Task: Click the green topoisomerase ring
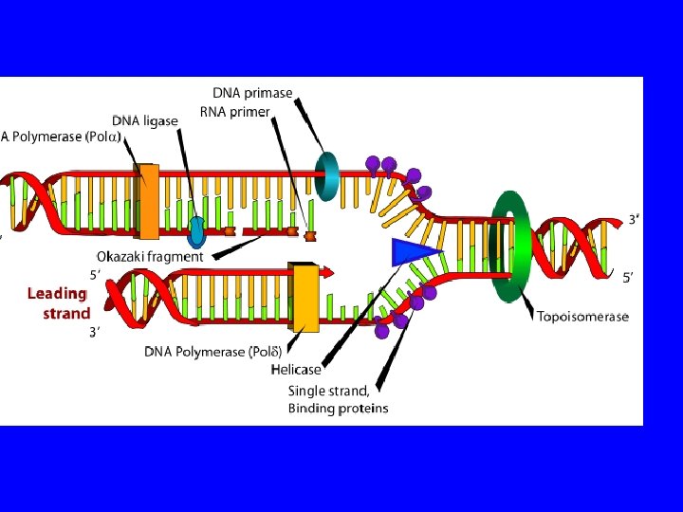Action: click(x=511, y=246)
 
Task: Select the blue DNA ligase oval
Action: click(x=197, y=230)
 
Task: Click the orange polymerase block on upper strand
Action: click(x=148, y=201)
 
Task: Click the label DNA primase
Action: click(x=252, y=93)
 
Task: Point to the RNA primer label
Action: click(x=235, y=112)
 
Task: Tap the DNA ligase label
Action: click(x=145, y=120)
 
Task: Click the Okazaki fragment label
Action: click(x=150, y=256)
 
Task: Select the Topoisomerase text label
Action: click(x=582, y=317)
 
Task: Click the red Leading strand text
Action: click(x=59, y=303)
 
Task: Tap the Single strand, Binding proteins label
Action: click(x=338, y=399)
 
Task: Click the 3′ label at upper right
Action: click(x=634, y=219)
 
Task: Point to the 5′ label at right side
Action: click(x=628, y=279)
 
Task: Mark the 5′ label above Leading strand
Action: click(x=95, y=274)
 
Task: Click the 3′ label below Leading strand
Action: click(x=95, y=332)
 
